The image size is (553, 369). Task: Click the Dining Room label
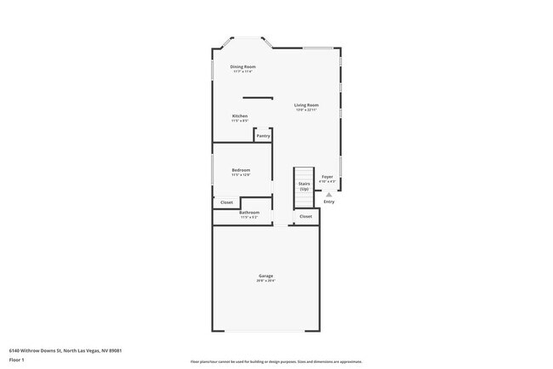[x=242, y=66]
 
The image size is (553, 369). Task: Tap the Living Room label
[x=306, y=105]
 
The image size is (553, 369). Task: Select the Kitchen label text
[x=240, y=116]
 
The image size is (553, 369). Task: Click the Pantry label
[x=264, y=136]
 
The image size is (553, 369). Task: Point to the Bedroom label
[x=241, y=170]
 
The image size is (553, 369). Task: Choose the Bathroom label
[x=249, y=213]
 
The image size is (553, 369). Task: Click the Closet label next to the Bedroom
[x=226, y=202]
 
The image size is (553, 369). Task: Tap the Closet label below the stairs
[x=305, y=217]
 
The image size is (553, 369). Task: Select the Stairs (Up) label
[x=304, y=186]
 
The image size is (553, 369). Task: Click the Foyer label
[x=328, y=177]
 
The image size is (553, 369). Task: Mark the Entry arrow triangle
[x=328, y=195]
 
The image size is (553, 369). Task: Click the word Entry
[x=328, y=202]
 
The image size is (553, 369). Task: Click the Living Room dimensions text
[x=306, y=110]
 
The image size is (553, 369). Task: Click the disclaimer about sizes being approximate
[x=276, y=360]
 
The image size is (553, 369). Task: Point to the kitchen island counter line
[x=258, y=98]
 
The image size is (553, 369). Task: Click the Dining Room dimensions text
[x=242, y=71]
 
